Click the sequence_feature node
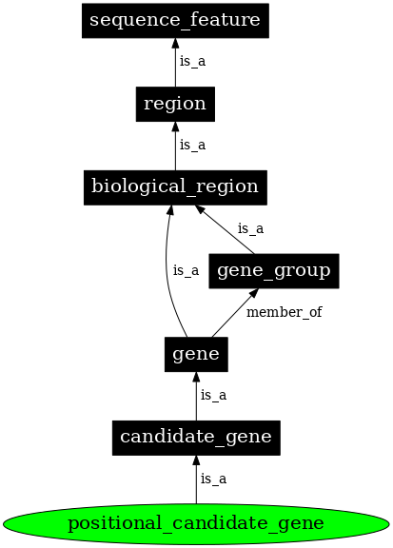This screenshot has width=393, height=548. [175, 19]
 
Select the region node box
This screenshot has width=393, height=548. [175, 103]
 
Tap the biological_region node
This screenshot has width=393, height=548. [175, 186]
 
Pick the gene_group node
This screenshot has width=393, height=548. [274, 271]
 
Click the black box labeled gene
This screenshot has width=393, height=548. [196, 355]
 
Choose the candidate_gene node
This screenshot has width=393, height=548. [196, 438]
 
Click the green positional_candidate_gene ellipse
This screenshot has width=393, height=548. [196, 523]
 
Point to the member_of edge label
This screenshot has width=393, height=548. [284, 312]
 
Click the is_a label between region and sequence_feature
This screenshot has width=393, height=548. [192, 61]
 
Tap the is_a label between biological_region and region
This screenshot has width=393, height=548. [192, 145]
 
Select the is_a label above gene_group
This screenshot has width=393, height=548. [250, 228]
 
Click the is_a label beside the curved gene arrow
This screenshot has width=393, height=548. [186, 271]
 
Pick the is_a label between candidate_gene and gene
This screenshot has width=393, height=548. [213, 395]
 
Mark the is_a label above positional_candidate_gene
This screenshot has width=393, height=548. [213, 479]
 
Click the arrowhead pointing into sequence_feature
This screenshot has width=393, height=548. [175, 43]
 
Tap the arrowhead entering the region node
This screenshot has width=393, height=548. [175, 127]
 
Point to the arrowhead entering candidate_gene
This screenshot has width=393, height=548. [196, 461]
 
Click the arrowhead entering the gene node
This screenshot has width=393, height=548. [196, 378]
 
